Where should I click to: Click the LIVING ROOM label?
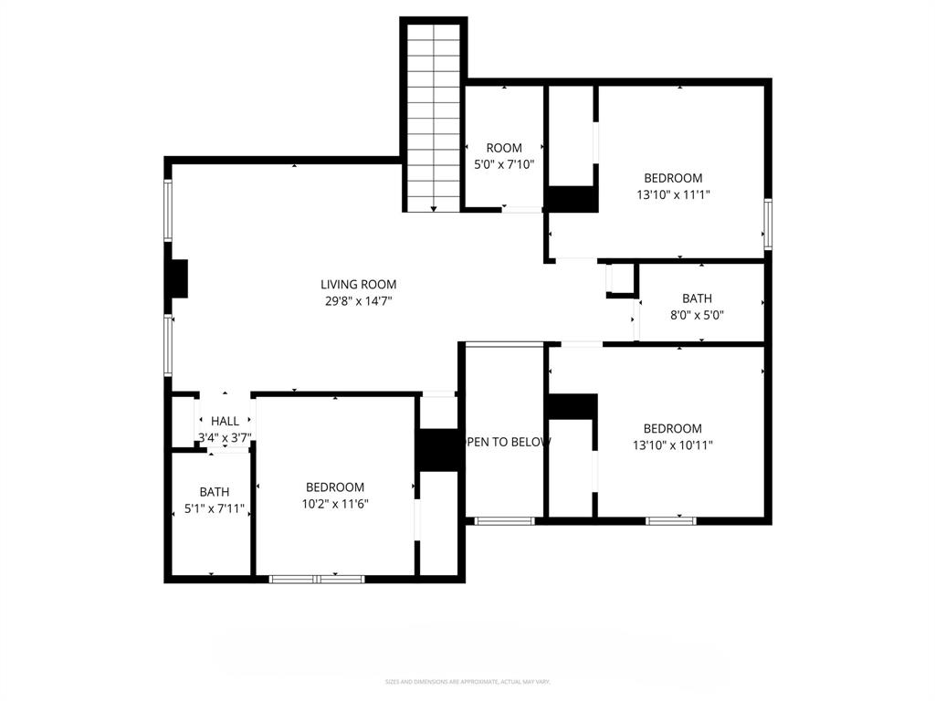(x=358, y=285)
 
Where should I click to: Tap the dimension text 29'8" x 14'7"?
(x=358, y=300)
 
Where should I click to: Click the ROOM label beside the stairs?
(x=504, y=148)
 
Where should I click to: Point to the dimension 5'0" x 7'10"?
(x=504, y=164)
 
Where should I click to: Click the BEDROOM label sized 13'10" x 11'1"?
(x=673, y=178)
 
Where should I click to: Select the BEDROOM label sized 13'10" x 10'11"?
(x=673, y=429)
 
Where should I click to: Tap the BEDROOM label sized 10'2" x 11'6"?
(x=335, y=487)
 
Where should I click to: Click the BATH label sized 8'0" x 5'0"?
(x=698, y=298)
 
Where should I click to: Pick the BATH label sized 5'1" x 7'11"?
(x=215, y=492)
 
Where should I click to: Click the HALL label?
(x=225, y=421)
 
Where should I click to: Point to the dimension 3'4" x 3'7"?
(x=225, y=438)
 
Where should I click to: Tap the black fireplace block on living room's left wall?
(x=177, y=278)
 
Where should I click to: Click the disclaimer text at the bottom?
(x=467, y=682)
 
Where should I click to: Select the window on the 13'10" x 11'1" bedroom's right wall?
(x=769, y=225)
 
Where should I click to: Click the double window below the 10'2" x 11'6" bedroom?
(x=317, y=579)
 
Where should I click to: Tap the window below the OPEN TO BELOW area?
(x=504, y=521)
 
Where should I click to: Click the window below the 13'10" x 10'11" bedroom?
(x=671, y=521)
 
